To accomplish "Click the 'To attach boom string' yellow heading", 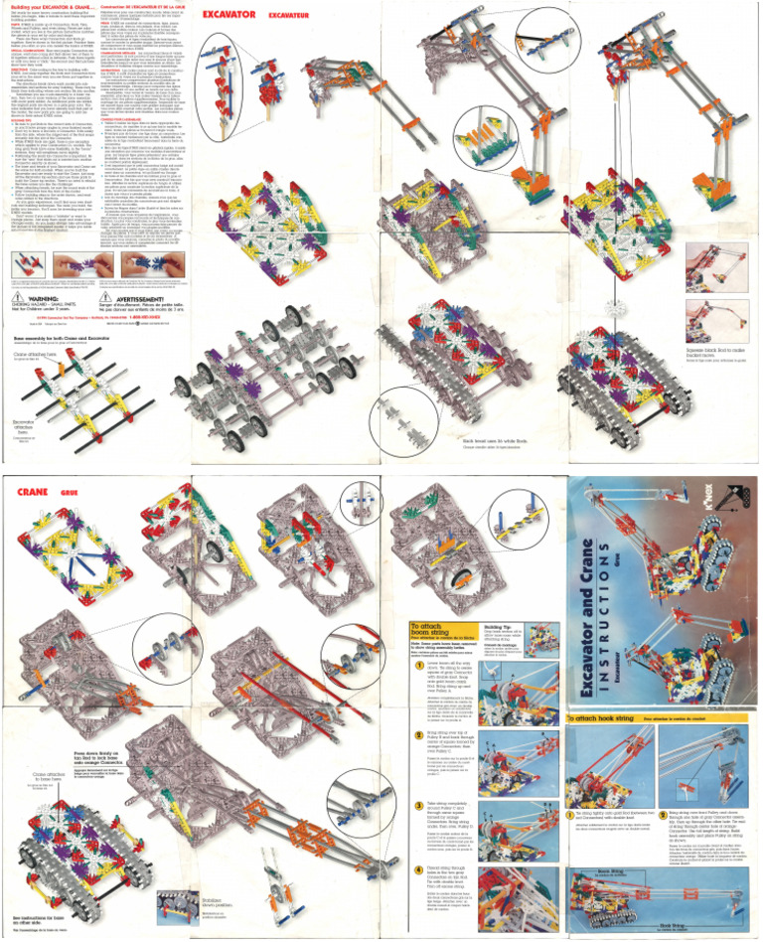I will pyautogui.click(x=436, y=628).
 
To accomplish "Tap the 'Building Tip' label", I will pyautogui.click(x=500, y=628).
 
